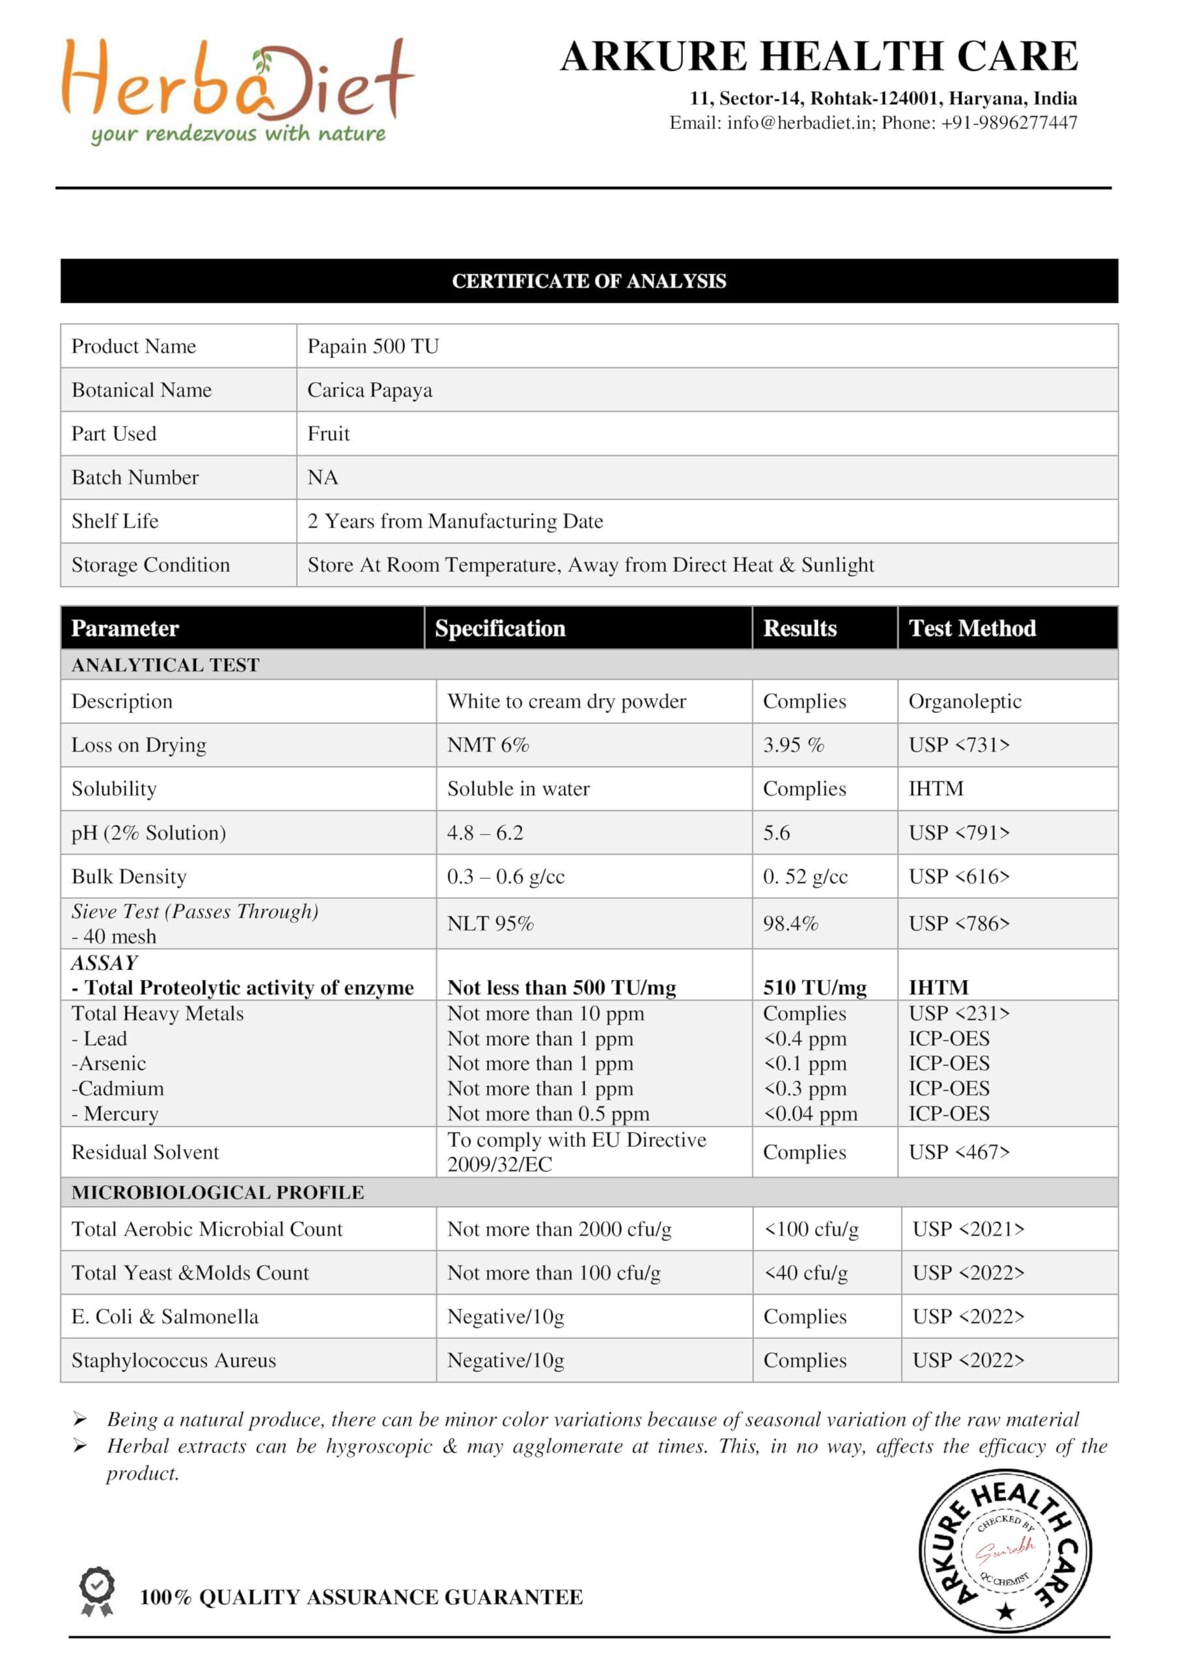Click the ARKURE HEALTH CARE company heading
[818, 57]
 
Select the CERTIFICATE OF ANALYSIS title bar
[589, 281]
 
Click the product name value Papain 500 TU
[373, 346]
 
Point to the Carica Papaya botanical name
[370, 390]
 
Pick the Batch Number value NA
[322, 477]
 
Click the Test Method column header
[971, 628]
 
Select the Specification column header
[499, 628]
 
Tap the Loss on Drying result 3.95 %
[793, 745]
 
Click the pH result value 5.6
[776, 832]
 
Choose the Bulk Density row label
[128, 876]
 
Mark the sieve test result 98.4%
[790, 923]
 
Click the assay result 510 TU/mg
[814, 987]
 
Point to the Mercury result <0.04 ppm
[809, 1113]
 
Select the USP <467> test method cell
[958, 1151]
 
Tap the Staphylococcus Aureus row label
[174, 1360]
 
